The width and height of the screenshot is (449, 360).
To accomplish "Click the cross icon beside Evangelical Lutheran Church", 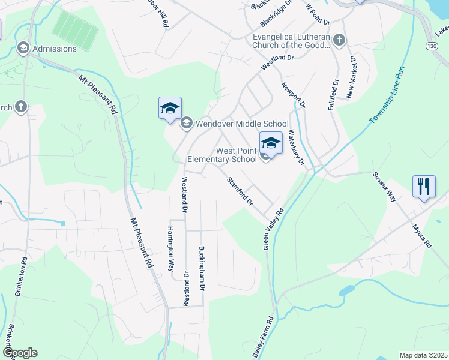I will tap(339, 40).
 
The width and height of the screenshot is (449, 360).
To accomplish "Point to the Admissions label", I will tap(55, 49).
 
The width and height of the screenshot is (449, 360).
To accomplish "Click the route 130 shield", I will tap(431, 46).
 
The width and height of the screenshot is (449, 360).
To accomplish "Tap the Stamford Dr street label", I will tap(240, 191).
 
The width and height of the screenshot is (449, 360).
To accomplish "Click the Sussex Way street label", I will tap(385, 186).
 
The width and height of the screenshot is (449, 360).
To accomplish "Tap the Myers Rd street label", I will tap(422, 236).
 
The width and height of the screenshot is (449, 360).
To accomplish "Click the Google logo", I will tap(20, 353).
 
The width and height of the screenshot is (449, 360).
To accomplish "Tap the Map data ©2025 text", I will tap(423, 355).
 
